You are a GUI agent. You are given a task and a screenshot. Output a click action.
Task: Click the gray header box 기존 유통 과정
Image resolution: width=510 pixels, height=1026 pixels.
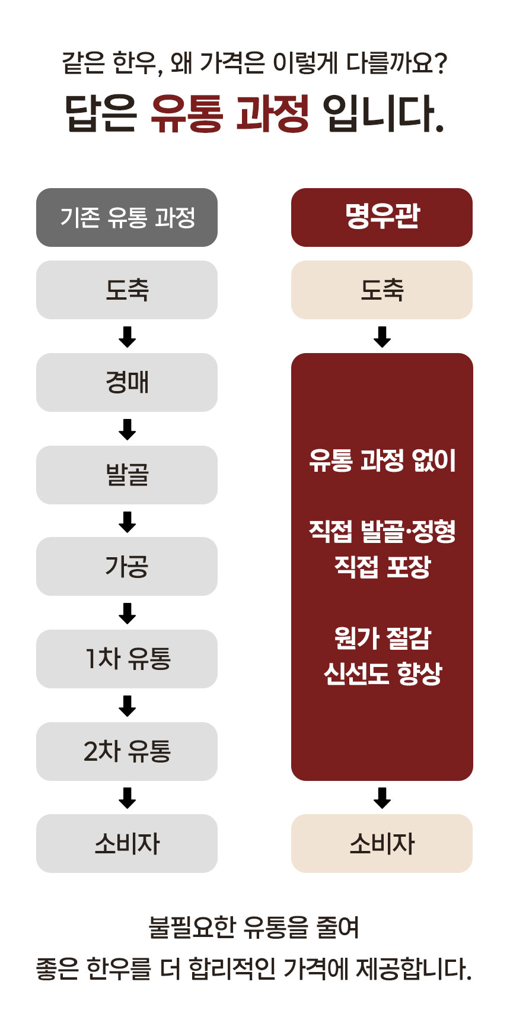(127, 217)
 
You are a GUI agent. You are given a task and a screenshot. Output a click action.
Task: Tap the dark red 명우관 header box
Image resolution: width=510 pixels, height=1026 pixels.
(382, 217)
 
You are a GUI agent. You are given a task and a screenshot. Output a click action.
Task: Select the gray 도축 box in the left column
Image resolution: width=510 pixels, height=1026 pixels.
(127, 290)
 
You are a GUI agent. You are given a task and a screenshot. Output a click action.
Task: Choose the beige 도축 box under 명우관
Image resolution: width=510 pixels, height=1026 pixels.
(382, 290)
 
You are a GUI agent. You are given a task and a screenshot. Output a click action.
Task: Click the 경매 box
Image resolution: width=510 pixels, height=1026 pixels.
(127, 382)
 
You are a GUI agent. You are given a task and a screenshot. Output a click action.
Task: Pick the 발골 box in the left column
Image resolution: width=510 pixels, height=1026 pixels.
(127, 475)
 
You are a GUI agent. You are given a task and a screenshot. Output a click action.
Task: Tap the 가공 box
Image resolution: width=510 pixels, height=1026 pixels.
(127, 566)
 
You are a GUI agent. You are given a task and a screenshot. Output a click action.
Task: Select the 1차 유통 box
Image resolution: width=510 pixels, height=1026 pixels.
(127, 659)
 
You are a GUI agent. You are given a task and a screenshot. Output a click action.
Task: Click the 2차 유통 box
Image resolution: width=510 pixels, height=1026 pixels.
(127, 751)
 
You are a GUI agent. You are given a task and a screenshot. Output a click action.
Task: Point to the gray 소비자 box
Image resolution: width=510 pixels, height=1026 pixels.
(127, 843)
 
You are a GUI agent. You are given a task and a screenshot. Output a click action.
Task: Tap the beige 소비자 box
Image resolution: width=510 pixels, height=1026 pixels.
(382, 843)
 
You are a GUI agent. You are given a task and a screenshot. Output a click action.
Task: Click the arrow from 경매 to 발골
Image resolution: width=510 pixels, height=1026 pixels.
(127, 429)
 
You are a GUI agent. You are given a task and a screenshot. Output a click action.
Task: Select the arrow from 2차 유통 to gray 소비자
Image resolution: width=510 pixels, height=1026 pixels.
(127, 798)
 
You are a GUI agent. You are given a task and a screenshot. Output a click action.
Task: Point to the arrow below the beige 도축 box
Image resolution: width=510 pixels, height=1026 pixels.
(382, 336)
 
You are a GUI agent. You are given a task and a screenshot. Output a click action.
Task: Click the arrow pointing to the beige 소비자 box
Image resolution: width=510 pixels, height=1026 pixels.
(382, 798)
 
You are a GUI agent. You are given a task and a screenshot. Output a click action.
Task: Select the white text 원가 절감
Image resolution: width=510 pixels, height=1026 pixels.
(383, 638)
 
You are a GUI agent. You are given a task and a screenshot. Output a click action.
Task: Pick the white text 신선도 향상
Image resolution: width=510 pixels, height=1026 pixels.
(383, 673)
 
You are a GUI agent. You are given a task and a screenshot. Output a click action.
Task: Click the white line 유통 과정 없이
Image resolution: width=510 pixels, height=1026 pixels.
(383, 460)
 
